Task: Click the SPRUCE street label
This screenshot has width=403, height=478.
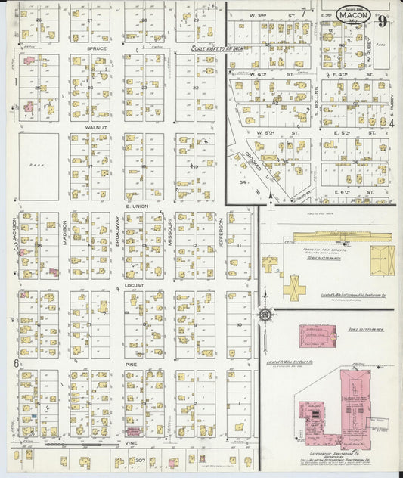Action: pos(96,48)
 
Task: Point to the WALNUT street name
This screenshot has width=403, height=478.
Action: pos(96,128)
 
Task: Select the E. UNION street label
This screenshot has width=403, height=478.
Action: pos(137,206)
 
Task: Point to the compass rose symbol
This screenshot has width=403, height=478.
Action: pos(265,315)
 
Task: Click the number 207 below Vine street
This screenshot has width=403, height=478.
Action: pos(140,460)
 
